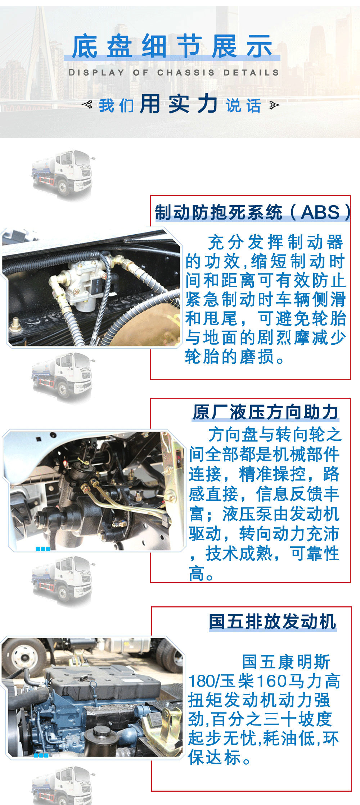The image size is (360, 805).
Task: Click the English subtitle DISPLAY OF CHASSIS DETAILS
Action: (174, 72)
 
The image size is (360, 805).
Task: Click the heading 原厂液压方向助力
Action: (266, 412)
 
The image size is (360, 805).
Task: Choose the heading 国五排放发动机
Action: (273, 622)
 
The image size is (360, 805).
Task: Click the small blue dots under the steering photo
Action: (43, 549)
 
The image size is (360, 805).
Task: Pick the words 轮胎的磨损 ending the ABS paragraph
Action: (230, 357)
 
